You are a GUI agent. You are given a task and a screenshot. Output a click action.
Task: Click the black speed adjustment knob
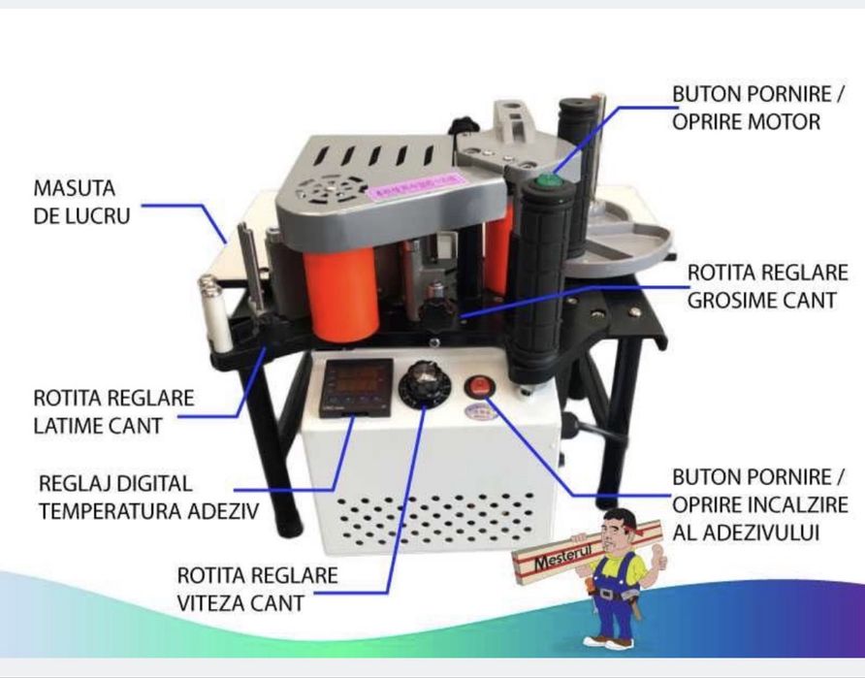tap(424, 384)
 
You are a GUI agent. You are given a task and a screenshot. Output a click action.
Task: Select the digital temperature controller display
tap(357, 387)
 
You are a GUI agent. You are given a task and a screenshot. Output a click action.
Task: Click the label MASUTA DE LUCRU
tap(81, 202)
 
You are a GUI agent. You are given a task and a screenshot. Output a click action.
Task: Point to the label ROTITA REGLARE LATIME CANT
tap(113, 411)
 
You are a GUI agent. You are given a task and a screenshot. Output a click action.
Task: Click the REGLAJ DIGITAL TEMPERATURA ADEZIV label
tap(148, 497)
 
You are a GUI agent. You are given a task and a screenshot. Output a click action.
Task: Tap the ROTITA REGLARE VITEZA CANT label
tap(257, 589)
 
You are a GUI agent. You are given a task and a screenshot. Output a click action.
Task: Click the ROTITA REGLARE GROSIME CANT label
tap(767, 286)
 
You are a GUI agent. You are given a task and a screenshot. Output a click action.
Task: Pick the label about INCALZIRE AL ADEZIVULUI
tap(759, 504)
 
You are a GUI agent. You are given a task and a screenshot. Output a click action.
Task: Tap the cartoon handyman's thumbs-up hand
tap(658, 555)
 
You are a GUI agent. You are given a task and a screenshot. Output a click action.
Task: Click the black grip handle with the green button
tap(542, 280)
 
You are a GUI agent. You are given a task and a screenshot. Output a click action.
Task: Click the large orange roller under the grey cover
tap(341, 294)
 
